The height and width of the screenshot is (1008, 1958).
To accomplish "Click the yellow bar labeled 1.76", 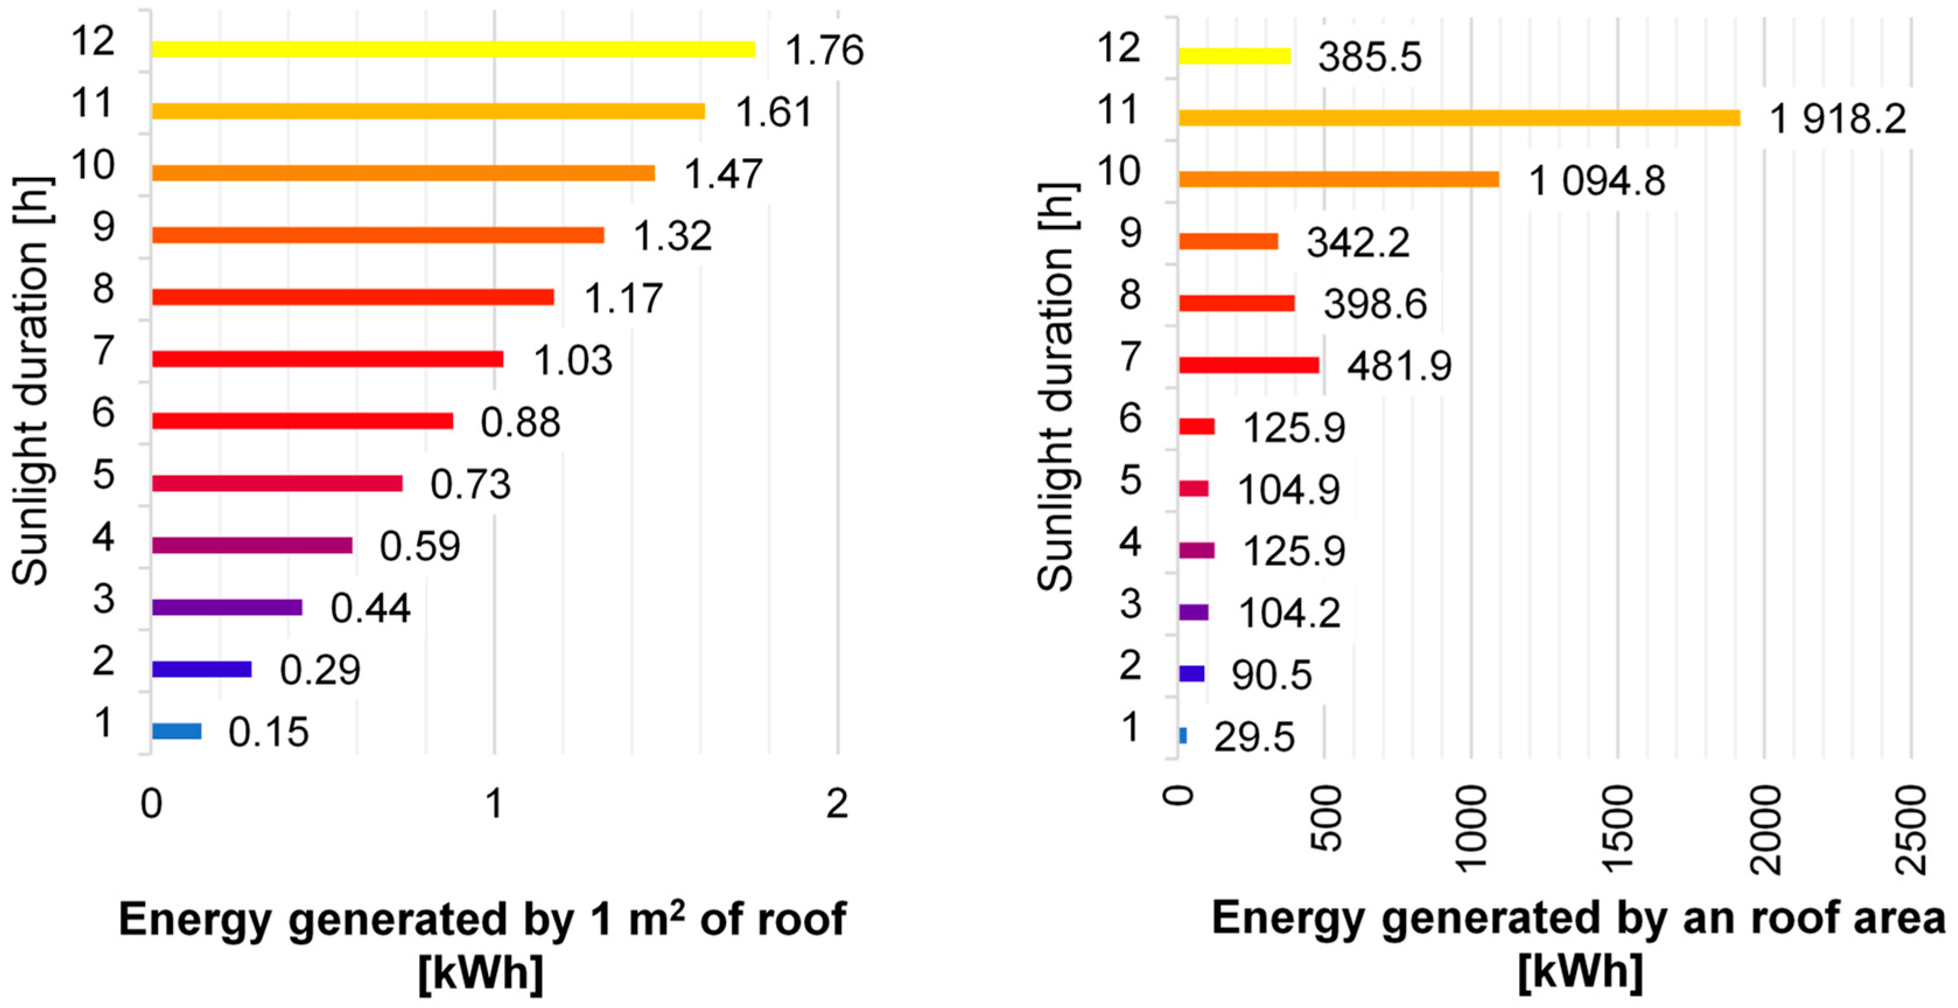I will [x=453, y=50].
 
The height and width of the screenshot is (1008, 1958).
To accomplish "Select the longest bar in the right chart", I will [x=1459, y=118].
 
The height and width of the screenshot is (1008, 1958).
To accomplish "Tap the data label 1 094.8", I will [x=1596, y=181].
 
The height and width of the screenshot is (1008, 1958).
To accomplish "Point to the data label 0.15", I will [x=268, y=732].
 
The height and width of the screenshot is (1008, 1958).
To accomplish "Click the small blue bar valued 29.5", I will [x=1182, y=735].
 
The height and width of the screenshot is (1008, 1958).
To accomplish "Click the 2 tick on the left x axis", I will [x=837, y=803].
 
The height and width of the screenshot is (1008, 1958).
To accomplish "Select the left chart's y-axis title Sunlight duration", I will [x=32, y=380].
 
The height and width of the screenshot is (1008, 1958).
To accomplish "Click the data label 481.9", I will [x=1399, y=366].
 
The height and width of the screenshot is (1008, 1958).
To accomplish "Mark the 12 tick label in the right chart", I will [x=1119, y=48].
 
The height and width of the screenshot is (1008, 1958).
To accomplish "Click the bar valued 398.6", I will [x=1237, y=303].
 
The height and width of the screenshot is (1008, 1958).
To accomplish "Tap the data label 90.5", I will [x=1272, y=675].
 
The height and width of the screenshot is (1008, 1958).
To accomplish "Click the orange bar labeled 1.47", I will [x=403, y=173].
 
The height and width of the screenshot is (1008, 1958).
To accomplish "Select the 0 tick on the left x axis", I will [x=151, y=803].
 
